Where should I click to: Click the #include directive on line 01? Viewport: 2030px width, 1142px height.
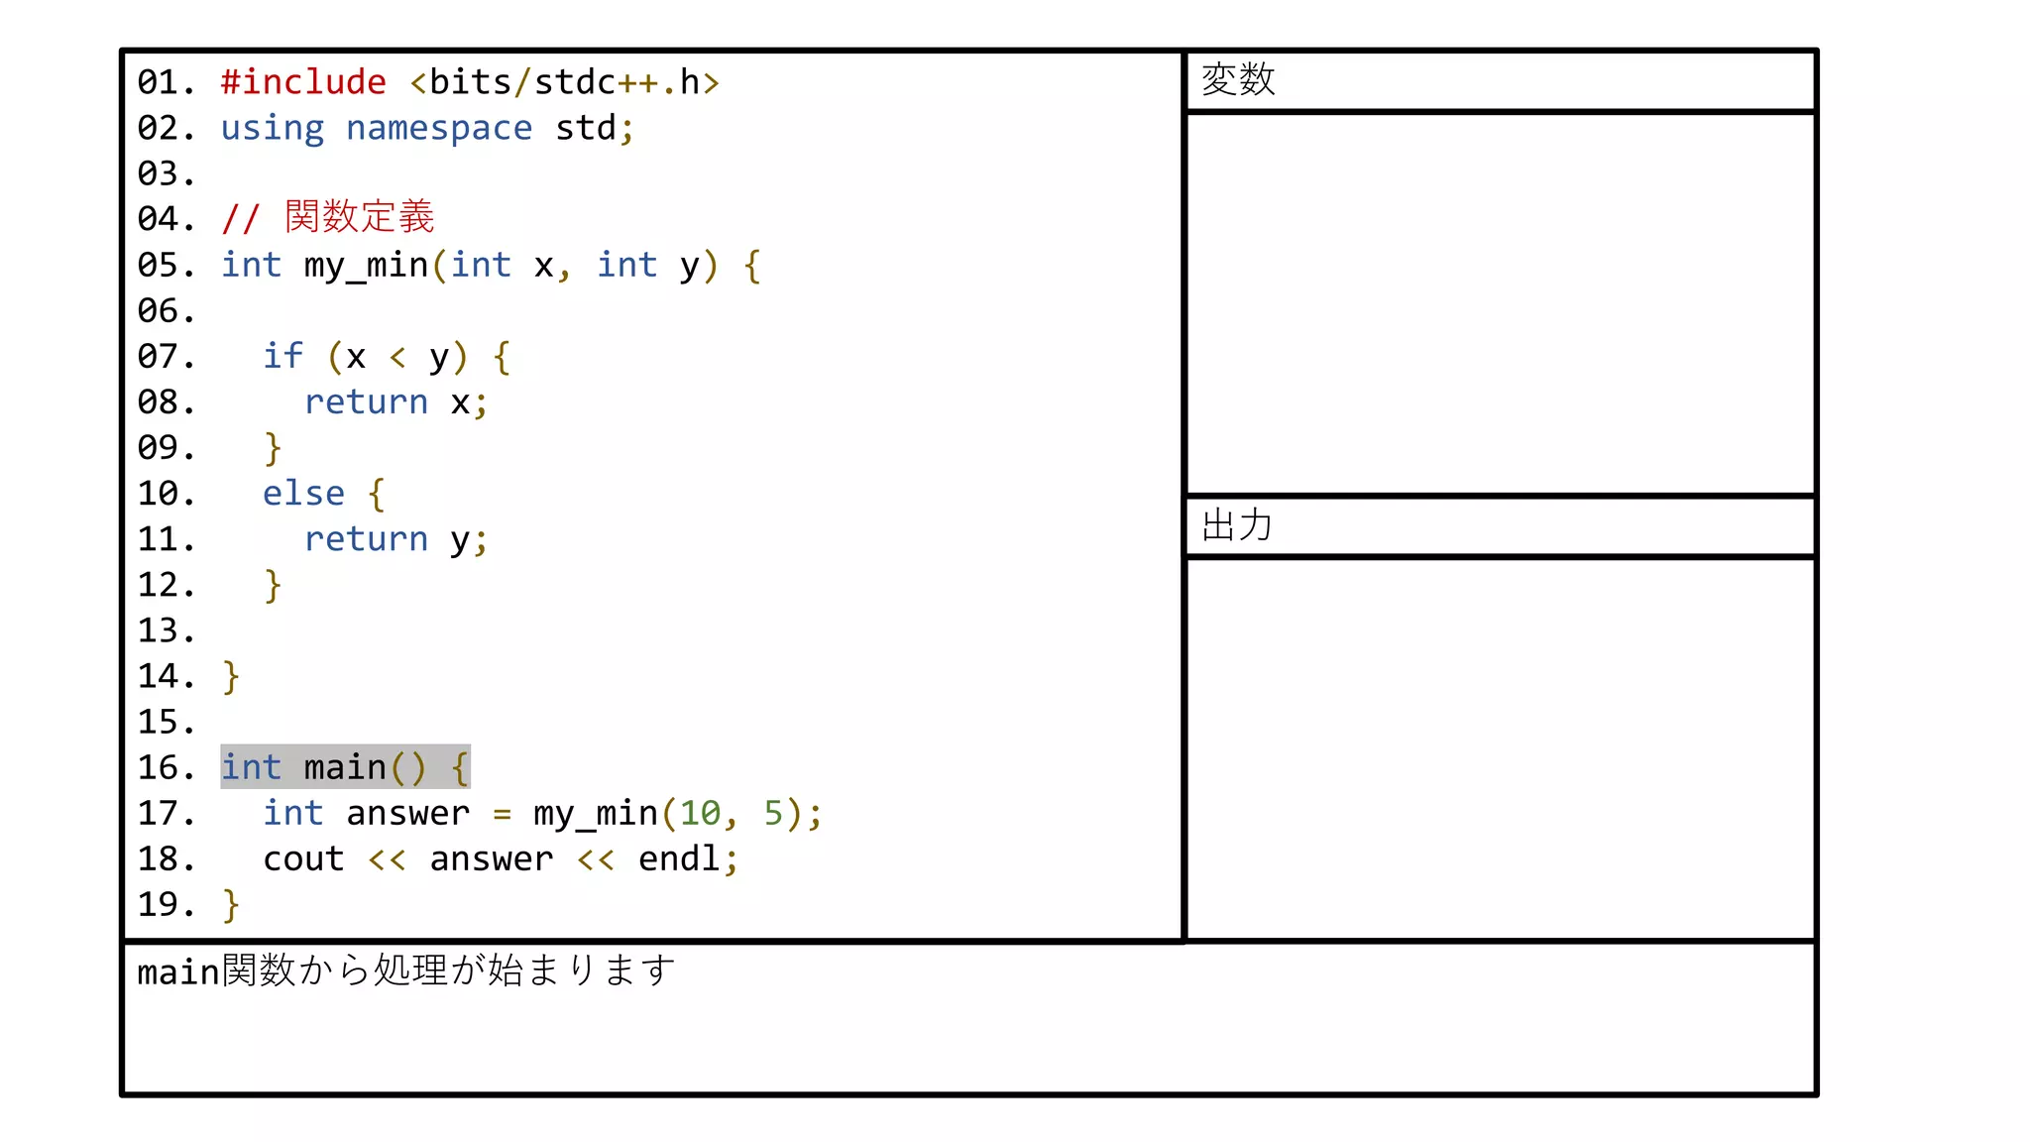[303, 82]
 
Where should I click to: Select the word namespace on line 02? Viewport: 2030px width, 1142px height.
[438, 128]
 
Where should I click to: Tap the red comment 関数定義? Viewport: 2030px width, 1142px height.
[359, 217]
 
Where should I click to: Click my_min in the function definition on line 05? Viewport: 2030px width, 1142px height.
[366, 266]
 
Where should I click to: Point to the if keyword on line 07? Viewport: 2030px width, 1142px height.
[282, 356]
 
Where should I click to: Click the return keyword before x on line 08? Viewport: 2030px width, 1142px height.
[366, 402]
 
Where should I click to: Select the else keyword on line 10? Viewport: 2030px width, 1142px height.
[303, 494]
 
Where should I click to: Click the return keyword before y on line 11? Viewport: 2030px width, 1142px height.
[366, 539]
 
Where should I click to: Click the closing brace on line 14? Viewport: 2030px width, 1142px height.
[231, 677]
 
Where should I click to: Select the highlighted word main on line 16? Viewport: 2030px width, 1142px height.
[345, 767]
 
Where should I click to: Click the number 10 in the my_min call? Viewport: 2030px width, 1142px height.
[700, 814]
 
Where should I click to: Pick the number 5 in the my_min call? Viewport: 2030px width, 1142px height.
[773, 814]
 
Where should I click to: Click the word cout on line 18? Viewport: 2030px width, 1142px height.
[303, 859]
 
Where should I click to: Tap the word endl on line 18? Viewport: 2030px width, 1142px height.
[679, 859]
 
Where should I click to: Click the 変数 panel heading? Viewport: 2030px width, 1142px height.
[1238, 79]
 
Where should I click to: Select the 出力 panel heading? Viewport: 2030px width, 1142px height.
[1236, 525]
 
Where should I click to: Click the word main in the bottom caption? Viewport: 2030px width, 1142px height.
[178, 972]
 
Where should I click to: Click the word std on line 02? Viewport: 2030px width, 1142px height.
[586, 128]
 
